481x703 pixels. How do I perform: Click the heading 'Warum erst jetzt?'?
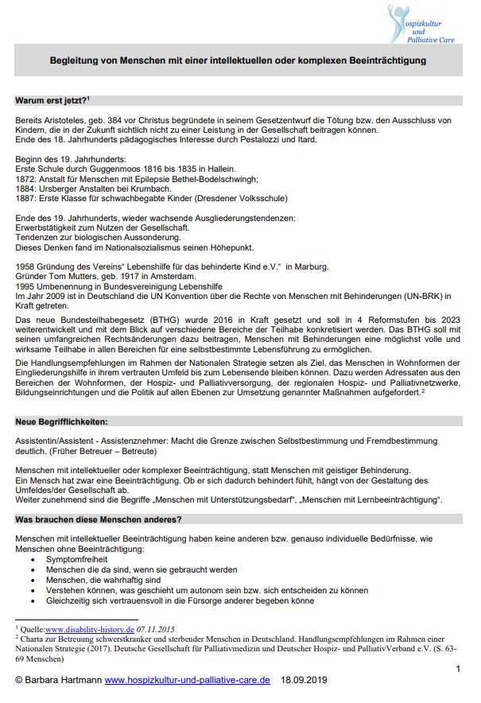(51, 100)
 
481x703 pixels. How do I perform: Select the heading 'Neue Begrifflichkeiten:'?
(60, 419)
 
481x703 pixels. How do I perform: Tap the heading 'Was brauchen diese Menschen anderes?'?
(98, 519)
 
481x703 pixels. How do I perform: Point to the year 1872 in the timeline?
(25, 180)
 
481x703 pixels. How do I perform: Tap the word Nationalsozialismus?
(151, 247)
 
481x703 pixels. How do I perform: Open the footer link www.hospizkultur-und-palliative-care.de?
(188, 681)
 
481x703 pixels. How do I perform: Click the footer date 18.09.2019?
(306, 681)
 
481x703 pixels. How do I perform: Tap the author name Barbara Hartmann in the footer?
(64, 681)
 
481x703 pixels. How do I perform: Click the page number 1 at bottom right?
(458, 669)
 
